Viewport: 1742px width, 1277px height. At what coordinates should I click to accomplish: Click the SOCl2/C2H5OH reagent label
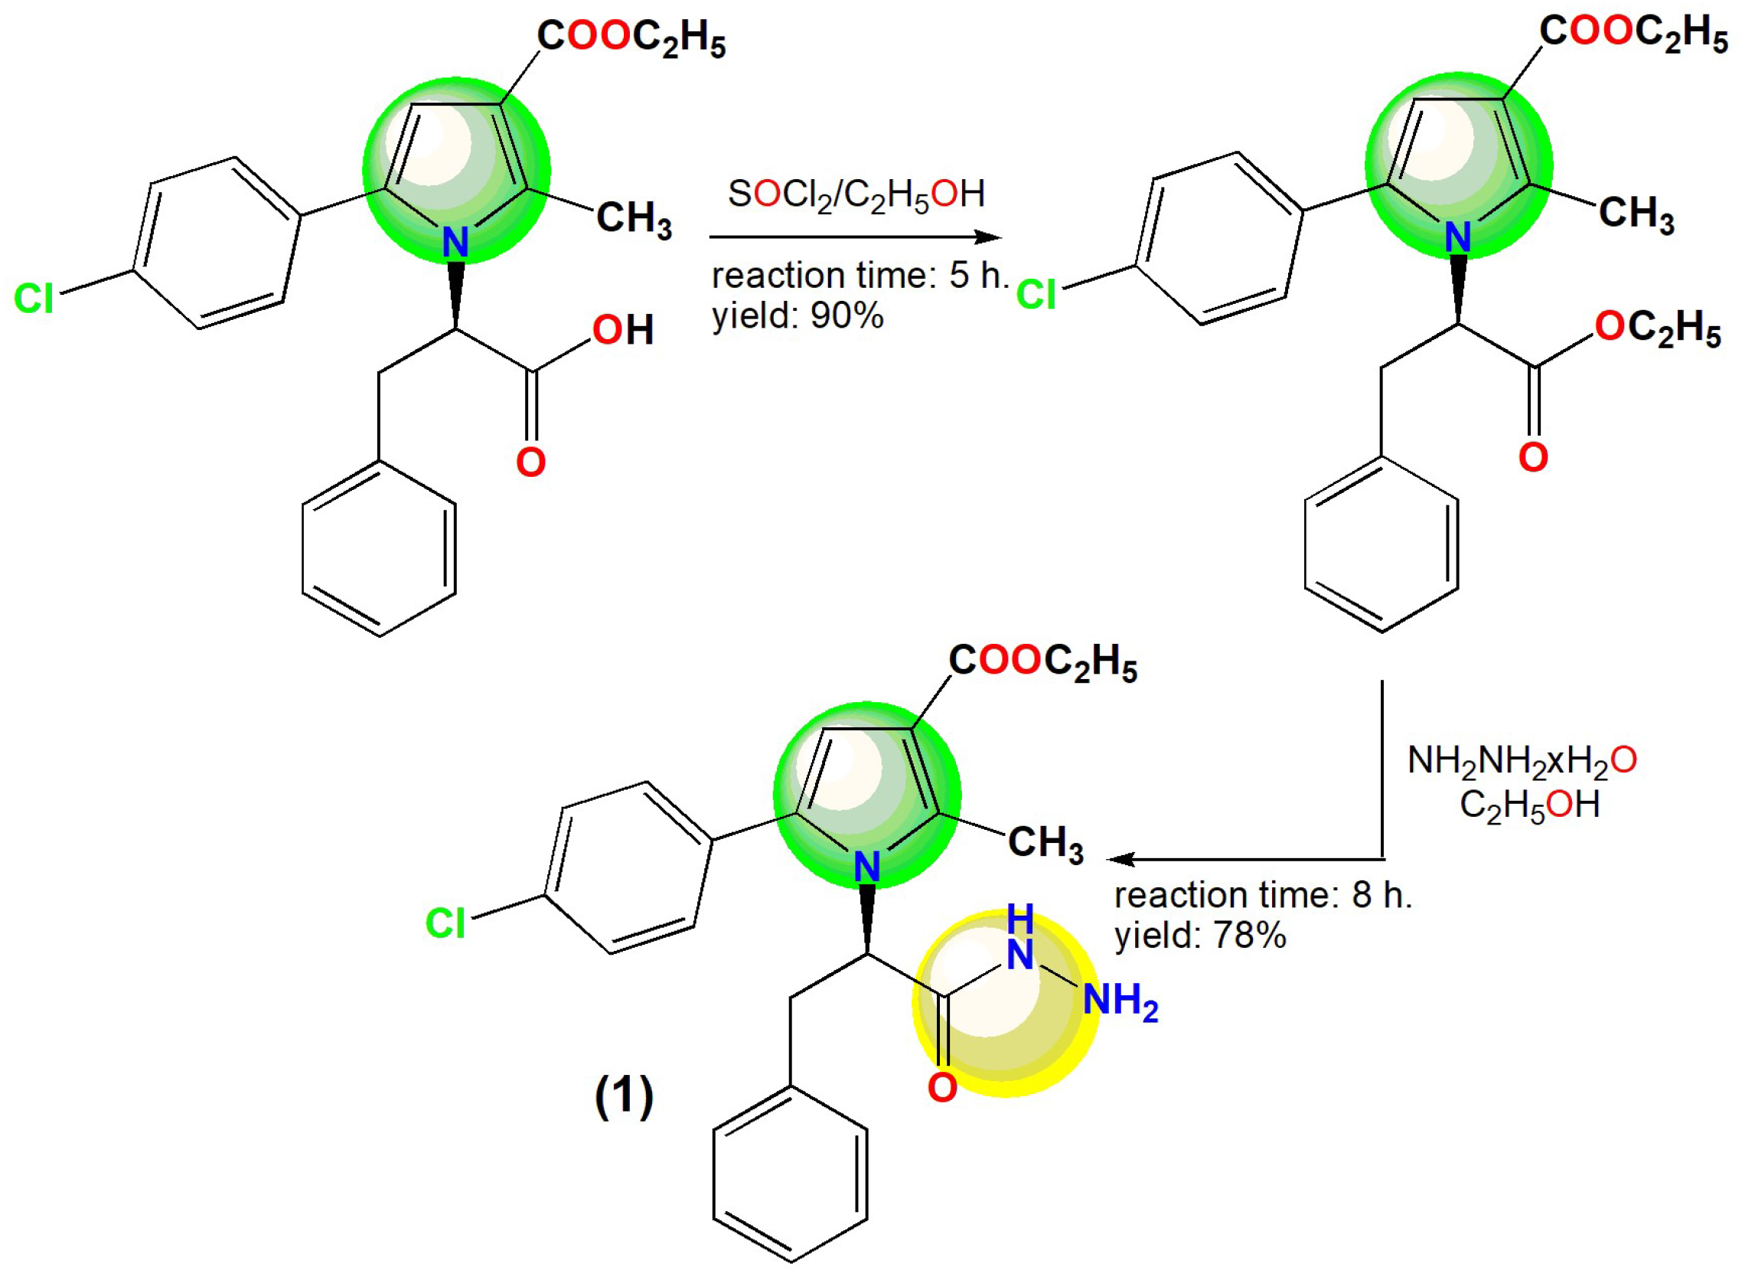(856, 194)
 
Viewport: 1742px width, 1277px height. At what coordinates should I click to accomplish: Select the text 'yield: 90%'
(797, 315)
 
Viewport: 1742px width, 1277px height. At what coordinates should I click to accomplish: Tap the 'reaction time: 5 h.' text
(860, 276)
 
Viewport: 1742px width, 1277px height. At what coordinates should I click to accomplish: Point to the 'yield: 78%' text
(1199, 936)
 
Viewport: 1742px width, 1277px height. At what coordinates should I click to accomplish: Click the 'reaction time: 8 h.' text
(1262, 895)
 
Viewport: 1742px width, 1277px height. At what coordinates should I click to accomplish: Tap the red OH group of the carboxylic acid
(623, 330)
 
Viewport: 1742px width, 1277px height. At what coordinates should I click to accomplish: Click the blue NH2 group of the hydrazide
(1120, 1001)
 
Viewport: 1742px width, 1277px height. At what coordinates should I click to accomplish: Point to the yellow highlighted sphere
(1005, 1005)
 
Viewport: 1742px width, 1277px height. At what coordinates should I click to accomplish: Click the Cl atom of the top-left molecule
(34, 299)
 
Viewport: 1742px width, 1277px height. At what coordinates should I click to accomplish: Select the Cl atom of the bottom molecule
(445, 923)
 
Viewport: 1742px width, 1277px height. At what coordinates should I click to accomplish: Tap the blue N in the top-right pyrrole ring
(1457, 237)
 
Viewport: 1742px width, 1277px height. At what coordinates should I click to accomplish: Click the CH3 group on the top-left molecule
(634, 219)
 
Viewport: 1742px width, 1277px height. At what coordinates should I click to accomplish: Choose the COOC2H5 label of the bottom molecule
(1042, 661)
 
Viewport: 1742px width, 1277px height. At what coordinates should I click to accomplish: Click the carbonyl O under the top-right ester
(1533, 458)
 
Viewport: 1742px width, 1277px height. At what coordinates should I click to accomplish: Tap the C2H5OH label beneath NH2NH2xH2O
(1528, 805)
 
